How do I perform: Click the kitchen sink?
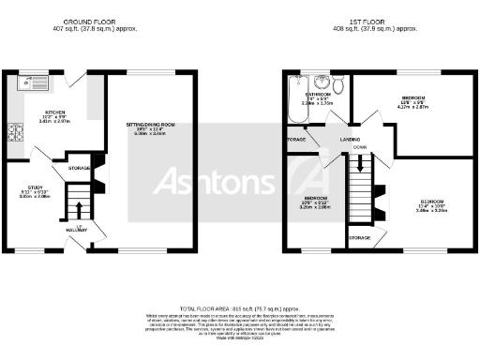pos(37,83)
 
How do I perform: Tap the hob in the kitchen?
pos(16,133)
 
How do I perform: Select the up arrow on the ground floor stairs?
pos(79,209)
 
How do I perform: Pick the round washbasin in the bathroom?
pos(321,82)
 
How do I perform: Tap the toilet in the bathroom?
pos(342,87)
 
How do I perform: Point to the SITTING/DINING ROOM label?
pos(151,124)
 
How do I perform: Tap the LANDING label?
pos(352,140)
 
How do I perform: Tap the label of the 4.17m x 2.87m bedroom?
pos(413,98)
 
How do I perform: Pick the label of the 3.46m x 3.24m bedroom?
pos(432,202)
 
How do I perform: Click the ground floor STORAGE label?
pos(80,169)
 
